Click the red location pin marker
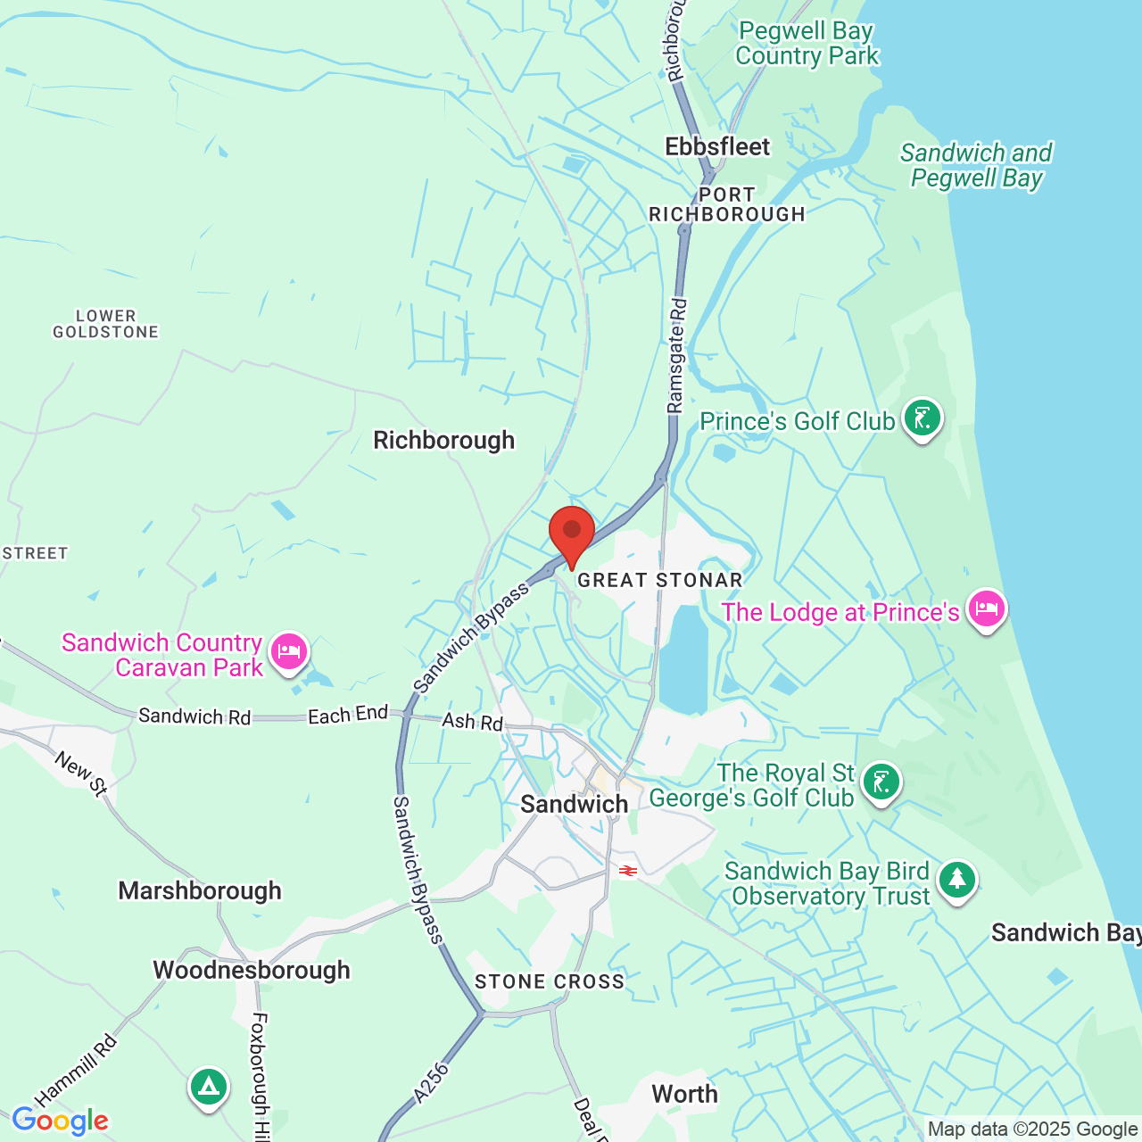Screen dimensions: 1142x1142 tap(572, 533)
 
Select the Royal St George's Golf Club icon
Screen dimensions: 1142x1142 tap(881, 782)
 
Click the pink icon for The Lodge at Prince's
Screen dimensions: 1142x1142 tap(986, 609)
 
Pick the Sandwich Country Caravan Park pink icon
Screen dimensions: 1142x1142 tap(288, 652)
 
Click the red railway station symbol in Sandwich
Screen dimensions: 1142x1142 tap(628, 871)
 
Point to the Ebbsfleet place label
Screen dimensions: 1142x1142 tap(717, 146)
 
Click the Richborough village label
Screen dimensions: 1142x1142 tap(443, 440)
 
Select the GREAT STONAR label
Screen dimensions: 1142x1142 tap(660, 581)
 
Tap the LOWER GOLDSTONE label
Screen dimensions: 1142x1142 tap(105, 324)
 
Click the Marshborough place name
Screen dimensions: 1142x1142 tap(200, 890)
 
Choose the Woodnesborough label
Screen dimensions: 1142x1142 tap(252, 970)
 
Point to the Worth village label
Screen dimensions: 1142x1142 tap(684, 1094)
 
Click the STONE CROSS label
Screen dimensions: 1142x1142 tap(550, 981)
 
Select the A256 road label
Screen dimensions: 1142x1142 tap(432, 1083)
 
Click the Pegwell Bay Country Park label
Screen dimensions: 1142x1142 tap(807, 43)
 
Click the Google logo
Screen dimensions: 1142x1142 tap(60, 1121)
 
